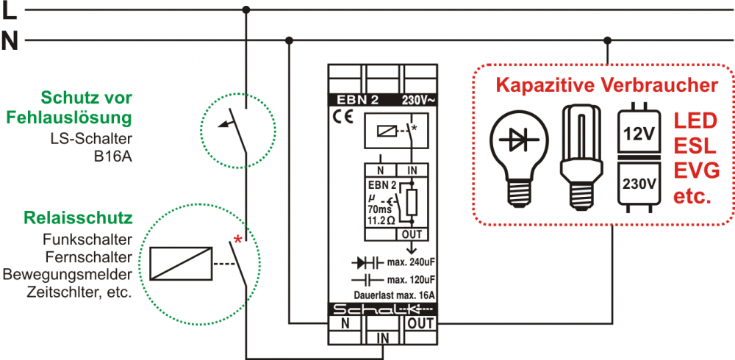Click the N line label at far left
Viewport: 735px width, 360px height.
[10, 40]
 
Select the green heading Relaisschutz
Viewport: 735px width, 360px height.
[78, 218]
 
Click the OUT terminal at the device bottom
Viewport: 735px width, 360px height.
[420, 322]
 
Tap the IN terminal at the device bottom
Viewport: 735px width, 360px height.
[383, 337]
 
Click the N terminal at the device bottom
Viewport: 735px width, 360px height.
[345, 322]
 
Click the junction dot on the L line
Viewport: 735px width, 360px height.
[246, 10]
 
